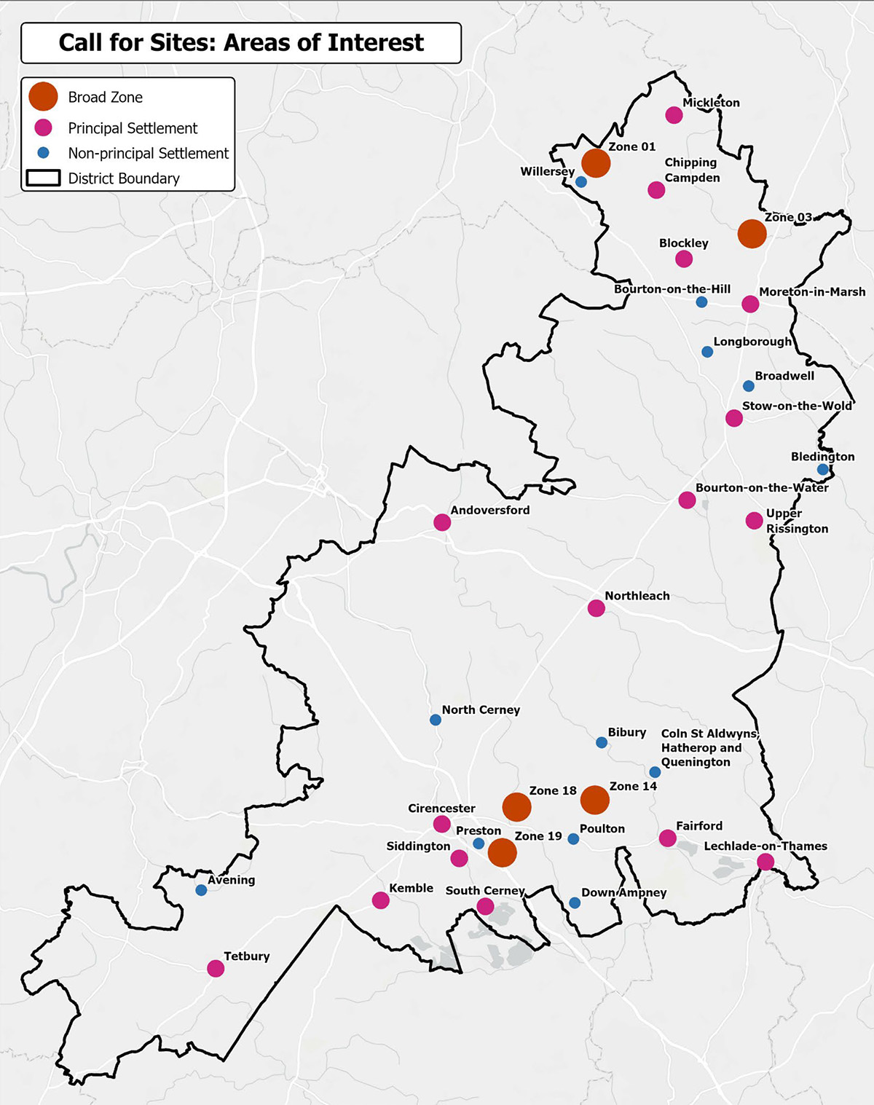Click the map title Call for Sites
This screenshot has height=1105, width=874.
(x=240, y=43)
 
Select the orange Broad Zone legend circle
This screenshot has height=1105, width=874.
(x=44, y=96)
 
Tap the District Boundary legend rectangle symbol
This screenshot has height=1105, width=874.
(x=43, y=178)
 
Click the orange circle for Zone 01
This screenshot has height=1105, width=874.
(x=596, y=163)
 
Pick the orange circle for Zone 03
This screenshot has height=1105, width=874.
(x=752, y=234)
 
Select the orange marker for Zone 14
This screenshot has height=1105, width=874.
(x=594, y=800)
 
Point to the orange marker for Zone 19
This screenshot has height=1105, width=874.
(x=502, y=852)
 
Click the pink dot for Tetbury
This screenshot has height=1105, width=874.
(x=216, y=968)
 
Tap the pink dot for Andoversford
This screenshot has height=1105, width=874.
(x=442, y=522)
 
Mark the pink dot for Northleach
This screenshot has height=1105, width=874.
(x=596, y=608)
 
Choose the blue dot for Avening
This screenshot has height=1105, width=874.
(x=201, y=890)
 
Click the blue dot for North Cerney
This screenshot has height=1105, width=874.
(x=436, y=720)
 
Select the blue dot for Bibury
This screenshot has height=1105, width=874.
(x=602, y=742)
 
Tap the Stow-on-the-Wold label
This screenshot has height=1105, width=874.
(x=796, y=406)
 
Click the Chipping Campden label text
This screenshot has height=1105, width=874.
(x=691, y=170)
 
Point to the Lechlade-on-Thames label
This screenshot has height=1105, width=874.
(x=765, y=846)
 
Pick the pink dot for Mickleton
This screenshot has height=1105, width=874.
(x=674, y=115)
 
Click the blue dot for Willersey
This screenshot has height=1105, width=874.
(x=581, y=182)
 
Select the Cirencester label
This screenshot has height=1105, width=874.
(x=441, y=808)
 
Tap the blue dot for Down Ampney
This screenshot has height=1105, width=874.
(x=575, y=903)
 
